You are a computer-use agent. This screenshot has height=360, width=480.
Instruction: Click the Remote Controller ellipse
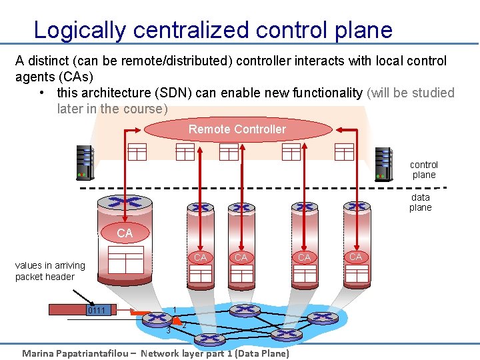pos(237,129)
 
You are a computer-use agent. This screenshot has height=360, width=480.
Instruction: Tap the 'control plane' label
pos(424,169)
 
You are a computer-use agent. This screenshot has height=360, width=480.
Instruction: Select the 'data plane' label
pos(421,202)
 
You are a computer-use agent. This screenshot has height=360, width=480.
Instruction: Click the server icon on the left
pos(85,163)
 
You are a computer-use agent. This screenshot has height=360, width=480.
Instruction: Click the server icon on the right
pos(383,164)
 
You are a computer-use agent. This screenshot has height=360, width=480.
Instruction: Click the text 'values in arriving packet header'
pos(49,271)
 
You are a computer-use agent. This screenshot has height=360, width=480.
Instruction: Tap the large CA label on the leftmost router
pos(125,233)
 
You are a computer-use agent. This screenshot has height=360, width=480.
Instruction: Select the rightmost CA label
pos(355,257)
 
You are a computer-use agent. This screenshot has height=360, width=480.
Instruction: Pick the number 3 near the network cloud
pos(169,331)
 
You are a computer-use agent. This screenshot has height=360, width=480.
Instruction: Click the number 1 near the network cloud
pos(173,309)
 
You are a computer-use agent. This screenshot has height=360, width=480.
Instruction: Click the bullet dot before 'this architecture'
pos(42,93)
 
